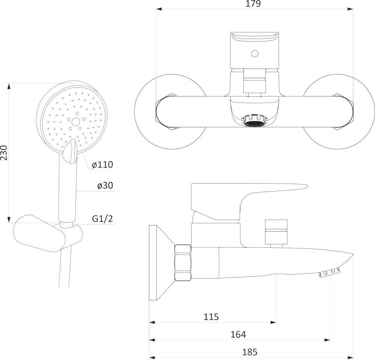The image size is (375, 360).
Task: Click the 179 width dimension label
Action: click(253, 4)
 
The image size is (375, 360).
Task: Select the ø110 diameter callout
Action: click(102, 165)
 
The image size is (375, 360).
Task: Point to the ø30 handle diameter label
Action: click(105, 185)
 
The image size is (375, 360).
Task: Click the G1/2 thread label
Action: click(102, 219)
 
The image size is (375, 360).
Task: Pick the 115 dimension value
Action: click(211, 317)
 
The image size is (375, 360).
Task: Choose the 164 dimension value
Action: click(238, 334)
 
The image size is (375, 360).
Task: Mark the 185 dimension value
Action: click(250, 352)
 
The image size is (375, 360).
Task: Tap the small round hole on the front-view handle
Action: click(255, 53)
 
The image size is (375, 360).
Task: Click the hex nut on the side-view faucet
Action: click(183, 262)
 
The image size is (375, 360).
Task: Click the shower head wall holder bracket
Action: click(48, 233)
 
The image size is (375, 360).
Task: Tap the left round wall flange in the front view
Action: click(170, 111)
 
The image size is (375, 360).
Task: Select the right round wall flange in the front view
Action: click(339, 111)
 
